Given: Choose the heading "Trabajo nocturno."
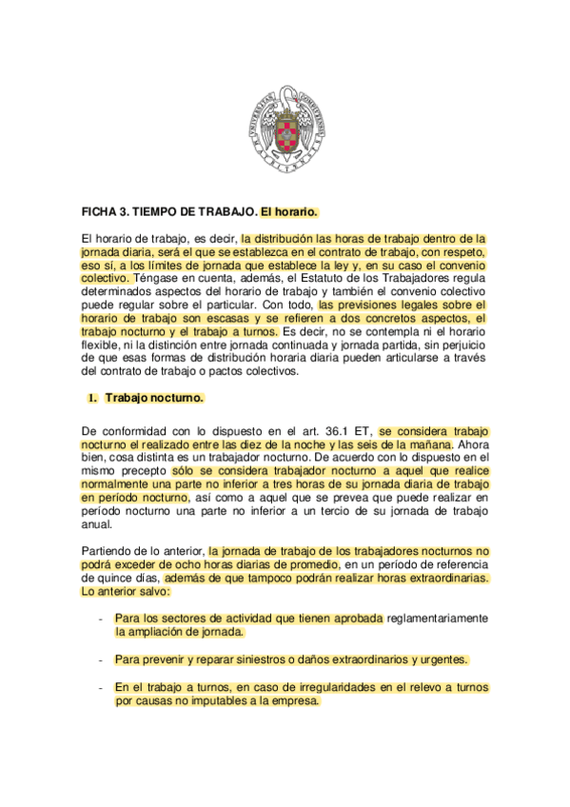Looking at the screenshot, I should coord(154,398).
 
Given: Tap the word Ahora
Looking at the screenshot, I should coord(472,444).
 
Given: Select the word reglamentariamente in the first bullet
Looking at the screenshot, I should coord(435,618).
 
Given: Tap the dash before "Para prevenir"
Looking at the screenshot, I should coord(100,659).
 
